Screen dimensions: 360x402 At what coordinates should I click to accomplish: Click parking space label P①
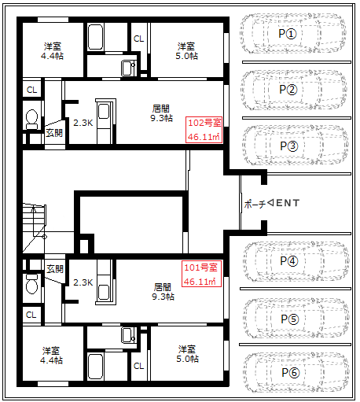[x=288, y=34]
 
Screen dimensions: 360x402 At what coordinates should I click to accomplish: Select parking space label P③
[x=289, y=146]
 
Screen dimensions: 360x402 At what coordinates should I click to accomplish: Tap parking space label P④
[x=289, y=261]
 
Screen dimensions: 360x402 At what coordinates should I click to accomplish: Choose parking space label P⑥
[x=291, y=372]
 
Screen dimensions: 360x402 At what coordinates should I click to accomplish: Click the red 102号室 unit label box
[x=204, y=130]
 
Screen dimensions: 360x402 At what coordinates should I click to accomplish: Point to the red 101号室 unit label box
[x=202, y=274]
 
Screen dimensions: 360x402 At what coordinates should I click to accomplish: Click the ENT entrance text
[x=288, y=203]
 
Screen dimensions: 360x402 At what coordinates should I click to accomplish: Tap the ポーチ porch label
[x=255, y=204]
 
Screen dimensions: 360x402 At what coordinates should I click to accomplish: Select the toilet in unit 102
[x=32, y=119]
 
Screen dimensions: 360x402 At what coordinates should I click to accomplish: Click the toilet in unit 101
[x=32, y=284]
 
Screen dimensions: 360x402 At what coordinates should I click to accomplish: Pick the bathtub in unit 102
[x=95, y=37]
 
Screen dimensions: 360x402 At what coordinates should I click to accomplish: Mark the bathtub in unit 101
[x=95, y=367]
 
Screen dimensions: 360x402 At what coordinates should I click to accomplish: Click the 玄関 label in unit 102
[x=54, y=133]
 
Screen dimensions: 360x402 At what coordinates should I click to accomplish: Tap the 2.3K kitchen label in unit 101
[x=83, y=282]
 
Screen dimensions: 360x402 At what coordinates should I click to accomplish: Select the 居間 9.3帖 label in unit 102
[x=161, y=113]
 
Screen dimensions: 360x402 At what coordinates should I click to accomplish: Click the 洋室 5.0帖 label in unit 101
[x=187, y=354]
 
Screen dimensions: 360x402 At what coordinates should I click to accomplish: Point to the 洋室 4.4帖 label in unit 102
[x=53, y=51]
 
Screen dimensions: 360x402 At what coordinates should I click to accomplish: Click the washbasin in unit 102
[x=128, y=68]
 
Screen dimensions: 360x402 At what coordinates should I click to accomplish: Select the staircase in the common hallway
[x=35, y=228]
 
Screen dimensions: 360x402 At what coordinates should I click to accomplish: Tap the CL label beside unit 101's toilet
[x=31, y=315]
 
